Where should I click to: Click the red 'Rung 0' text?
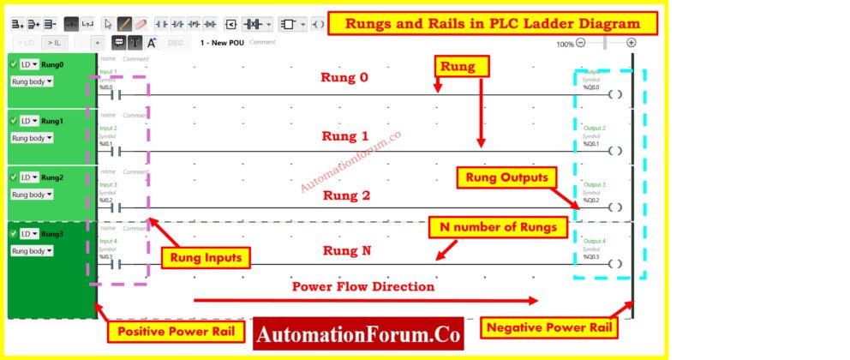pyautogui.click(x=344, y=78)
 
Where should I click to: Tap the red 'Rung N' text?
pyautogui.click(x=345, y=251)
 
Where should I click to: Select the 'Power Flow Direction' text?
pyautogui.click(x=363, y=286)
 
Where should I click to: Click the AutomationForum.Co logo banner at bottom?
pyautogui.click(x=358, y=333)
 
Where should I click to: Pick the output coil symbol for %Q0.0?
pyautogui.click(x=614, y=94)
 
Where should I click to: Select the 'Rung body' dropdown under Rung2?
pyautogui.click(x=32, y=195)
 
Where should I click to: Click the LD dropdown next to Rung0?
pyautogui.click(x=29, y=64)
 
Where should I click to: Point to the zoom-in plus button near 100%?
pyautogui.click(x=632, y=42)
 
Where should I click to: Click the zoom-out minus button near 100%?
pyautogui.click(x=581, y=42)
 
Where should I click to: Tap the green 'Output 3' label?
pyautogui.click(x=594, y=184)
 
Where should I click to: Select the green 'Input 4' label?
pyautogui.click(x=108, y=241)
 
